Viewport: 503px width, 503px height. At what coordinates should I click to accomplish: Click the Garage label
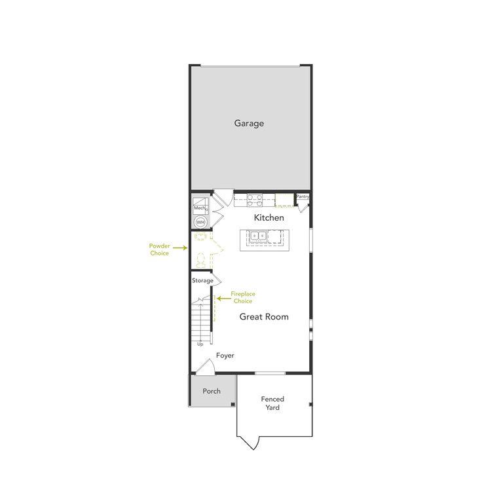249,123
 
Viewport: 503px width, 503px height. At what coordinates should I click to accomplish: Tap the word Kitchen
269,217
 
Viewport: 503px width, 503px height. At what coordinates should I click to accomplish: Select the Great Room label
263,316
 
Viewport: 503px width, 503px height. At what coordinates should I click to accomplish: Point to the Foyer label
225,356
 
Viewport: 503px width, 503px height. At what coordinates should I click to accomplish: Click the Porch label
212,391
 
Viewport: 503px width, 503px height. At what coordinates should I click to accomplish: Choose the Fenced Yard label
272,403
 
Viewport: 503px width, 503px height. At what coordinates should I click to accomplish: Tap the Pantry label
303,196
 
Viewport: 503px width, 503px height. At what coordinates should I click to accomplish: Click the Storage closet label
202,280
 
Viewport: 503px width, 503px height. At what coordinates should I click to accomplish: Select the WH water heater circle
200,222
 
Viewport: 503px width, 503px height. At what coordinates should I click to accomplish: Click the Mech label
199,208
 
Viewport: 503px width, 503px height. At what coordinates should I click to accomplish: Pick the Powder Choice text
159,250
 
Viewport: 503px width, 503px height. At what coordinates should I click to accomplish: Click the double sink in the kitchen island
261,236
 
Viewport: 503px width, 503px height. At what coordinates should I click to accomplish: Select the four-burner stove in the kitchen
255,199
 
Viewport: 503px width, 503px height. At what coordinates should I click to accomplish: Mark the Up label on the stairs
200,344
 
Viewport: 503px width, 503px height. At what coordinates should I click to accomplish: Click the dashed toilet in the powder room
201,259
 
